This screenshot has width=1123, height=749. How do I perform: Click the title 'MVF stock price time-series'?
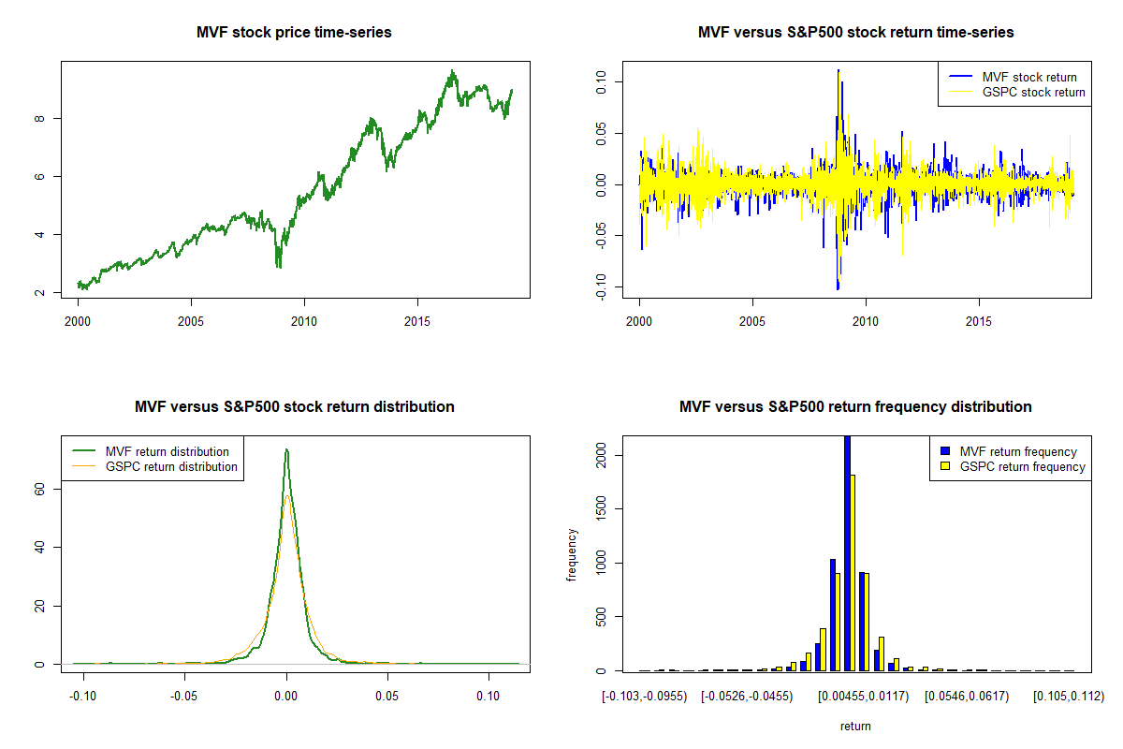click(294, 33)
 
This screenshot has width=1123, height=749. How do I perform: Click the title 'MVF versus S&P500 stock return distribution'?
click(294, 407)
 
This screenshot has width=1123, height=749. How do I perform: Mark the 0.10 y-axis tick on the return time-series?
click(602, 81)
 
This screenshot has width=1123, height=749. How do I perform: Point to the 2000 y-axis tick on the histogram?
click(602, 456)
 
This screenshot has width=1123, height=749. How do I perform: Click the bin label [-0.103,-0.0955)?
click(645, 697)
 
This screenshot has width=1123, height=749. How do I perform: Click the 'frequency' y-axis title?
click(572, 555)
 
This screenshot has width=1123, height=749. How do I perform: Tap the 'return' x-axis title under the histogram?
click(855, 726)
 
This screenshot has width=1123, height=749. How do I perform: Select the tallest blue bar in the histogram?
click(847, 552)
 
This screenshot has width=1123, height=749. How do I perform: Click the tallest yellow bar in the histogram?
click(853, 571)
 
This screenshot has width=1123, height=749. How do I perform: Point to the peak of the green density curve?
click(286, 450)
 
